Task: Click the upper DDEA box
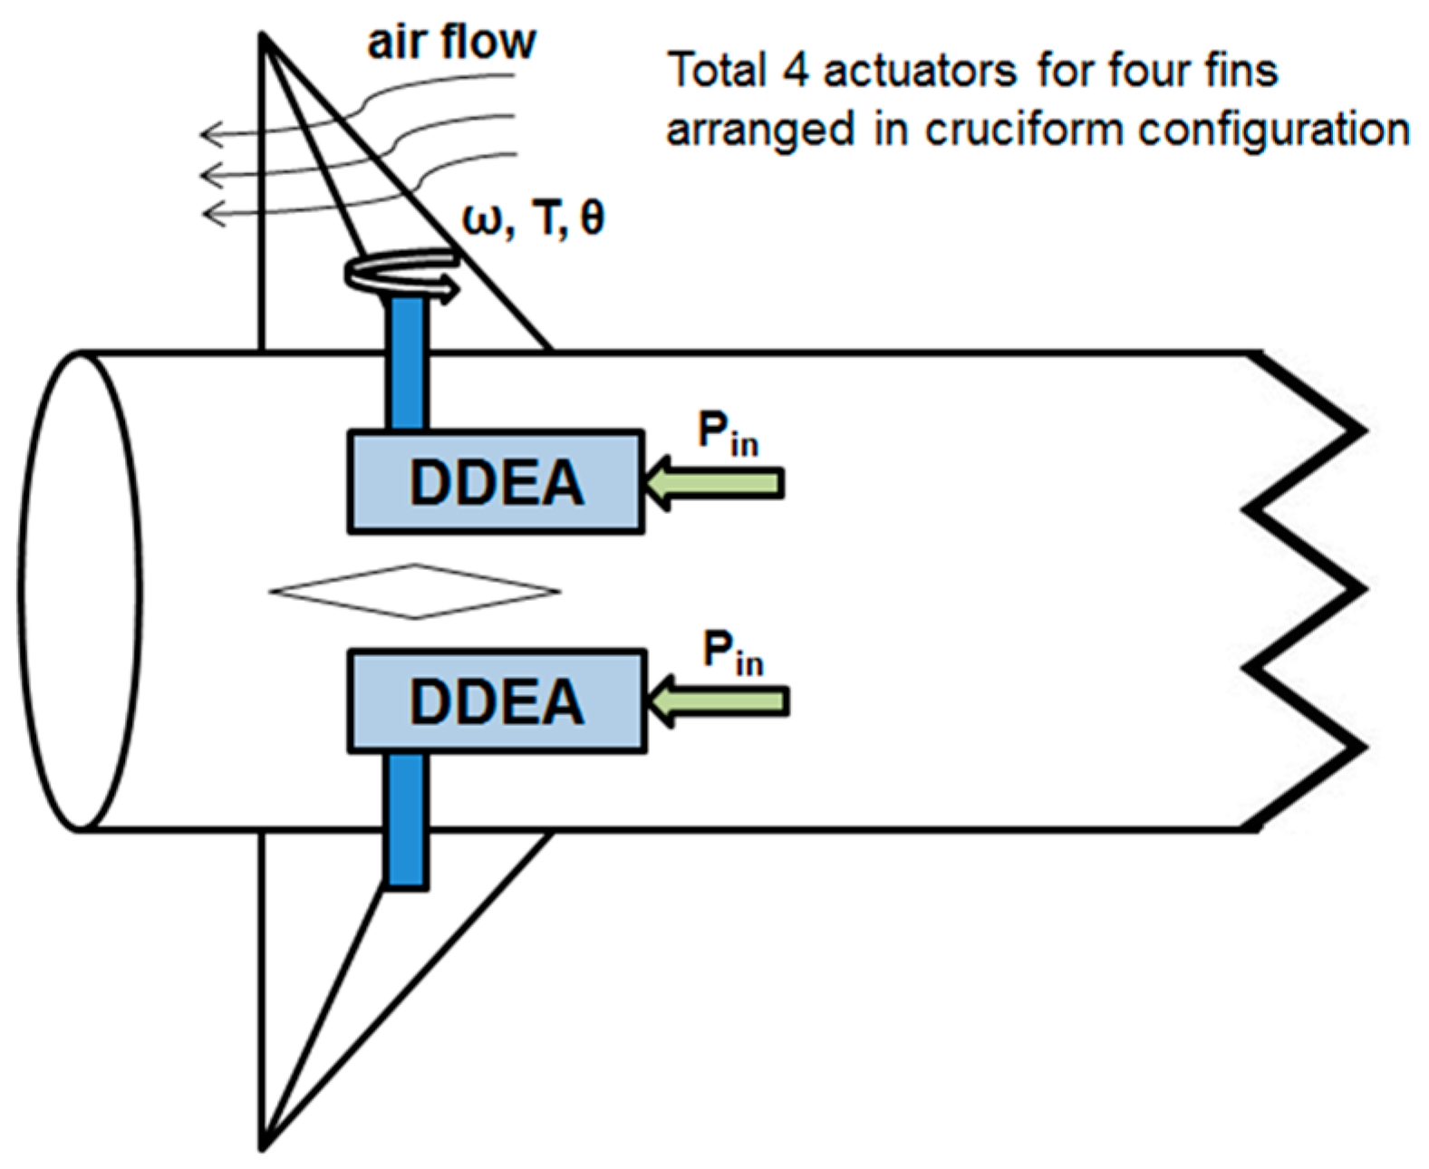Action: click(x=496, y=481)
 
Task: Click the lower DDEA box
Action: click(x=497, y=700)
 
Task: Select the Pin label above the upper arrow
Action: click(x=727, y=433)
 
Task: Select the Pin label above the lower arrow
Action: click(x=732, y=652)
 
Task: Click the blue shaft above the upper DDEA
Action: click(x=407, y=362)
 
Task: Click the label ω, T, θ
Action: click(x=533, y=218)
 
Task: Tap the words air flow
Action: click(x=451, y=43)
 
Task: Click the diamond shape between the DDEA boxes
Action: click(x=415, y=592)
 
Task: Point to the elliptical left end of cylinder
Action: click(x=79, y=591)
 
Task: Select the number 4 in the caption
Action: click(x=795, y=70)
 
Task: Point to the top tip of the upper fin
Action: click(x=263, y=37)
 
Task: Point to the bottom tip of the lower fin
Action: click(x=263, y=1147)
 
